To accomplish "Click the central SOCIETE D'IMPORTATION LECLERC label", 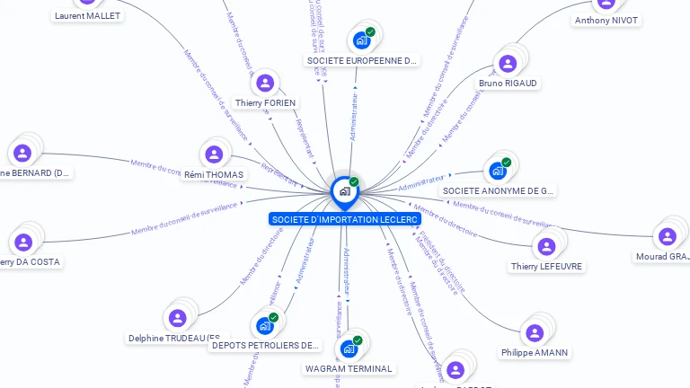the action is [x=344, y=219].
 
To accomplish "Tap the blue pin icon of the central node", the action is [x=344, y=191].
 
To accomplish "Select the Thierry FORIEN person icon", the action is [x=265, y=84].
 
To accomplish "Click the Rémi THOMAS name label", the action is [x=213, y=174].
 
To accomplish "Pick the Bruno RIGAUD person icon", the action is [x=508, y=64].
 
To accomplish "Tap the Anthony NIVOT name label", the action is [x=607, y=20].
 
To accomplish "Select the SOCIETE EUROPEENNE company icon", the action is [x=361, y=40].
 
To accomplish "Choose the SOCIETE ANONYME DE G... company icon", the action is [x=498, y=171].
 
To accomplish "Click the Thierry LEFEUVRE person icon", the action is [x=545, y=246].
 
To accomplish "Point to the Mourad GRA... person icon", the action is [x=667, y=236].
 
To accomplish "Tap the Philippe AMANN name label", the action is [x=535, y=353].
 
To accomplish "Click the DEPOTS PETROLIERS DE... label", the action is [x=265, y=345].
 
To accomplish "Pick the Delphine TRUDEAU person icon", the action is [x=177, y=318].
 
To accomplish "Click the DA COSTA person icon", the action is [x=23, y=242].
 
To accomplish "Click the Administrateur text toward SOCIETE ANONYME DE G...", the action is [x=421, y=183].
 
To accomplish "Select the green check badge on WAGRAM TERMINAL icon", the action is [x=358, y=340].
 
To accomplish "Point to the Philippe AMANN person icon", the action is [x=535, y=333].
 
